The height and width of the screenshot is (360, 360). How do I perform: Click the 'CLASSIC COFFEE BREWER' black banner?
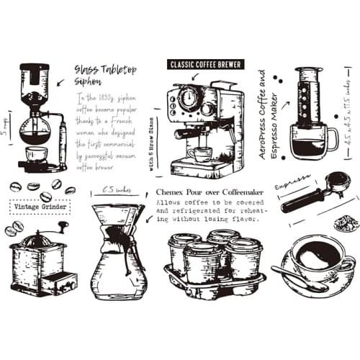coord(204,64)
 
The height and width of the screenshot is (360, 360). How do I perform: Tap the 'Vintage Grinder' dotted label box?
coord(42,207)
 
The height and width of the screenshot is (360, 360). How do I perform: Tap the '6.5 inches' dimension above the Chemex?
coord(116,190)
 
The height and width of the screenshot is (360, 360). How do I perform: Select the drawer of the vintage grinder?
coord(58,282)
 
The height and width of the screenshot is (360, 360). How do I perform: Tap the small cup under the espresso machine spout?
coord(201,154)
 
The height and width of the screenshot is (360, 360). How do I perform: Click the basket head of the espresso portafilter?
coord(337,181)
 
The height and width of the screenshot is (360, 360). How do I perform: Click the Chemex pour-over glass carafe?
coord(118,252)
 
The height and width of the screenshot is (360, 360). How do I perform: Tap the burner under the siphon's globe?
coord(35,156)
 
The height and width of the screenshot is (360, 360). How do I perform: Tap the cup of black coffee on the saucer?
coord(318,256)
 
